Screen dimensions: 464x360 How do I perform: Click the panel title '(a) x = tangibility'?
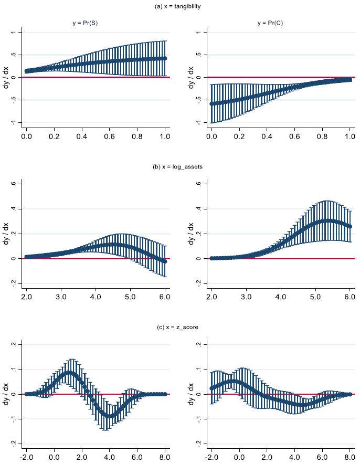[179, 6]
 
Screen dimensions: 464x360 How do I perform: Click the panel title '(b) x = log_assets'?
[179, 166]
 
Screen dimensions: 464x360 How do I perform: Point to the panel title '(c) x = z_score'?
[179, 327]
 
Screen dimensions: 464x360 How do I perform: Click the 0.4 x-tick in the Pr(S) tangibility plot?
[82, 136]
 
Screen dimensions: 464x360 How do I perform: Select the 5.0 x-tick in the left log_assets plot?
[130, 297]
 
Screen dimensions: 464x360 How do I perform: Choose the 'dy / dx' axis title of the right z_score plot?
[191, 394]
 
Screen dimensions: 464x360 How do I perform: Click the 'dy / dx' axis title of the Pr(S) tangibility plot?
[6, 77]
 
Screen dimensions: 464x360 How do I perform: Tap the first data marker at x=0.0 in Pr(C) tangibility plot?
[211, 103]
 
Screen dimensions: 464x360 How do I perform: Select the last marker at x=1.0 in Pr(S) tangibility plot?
[165, 58]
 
